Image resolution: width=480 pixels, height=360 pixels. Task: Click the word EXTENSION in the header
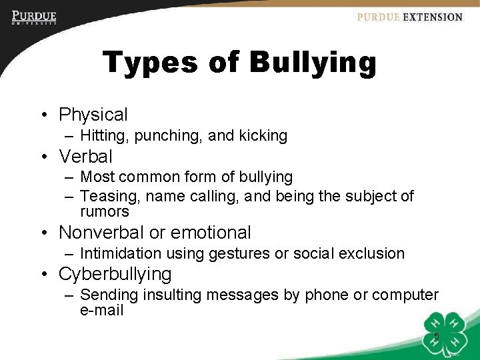point(432,17)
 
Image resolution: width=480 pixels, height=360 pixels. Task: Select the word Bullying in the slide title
point(313,63)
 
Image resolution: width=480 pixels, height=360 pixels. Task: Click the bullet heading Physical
point(93,115)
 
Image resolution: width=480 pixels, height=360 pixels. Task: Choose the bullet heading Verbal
point(85,157)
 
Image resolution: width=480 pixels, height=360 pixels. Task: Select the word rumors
point(105,211)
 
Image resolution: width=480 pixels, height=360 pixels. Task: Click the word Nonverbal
point(101,233)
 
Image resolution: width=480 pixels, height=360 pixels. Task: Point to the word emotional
point(211,233)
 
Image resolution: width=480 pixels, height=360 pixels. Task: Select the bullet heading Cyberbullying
point(115,274)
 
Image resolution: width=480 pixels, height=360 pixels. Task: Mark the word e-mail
point(101,310)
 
